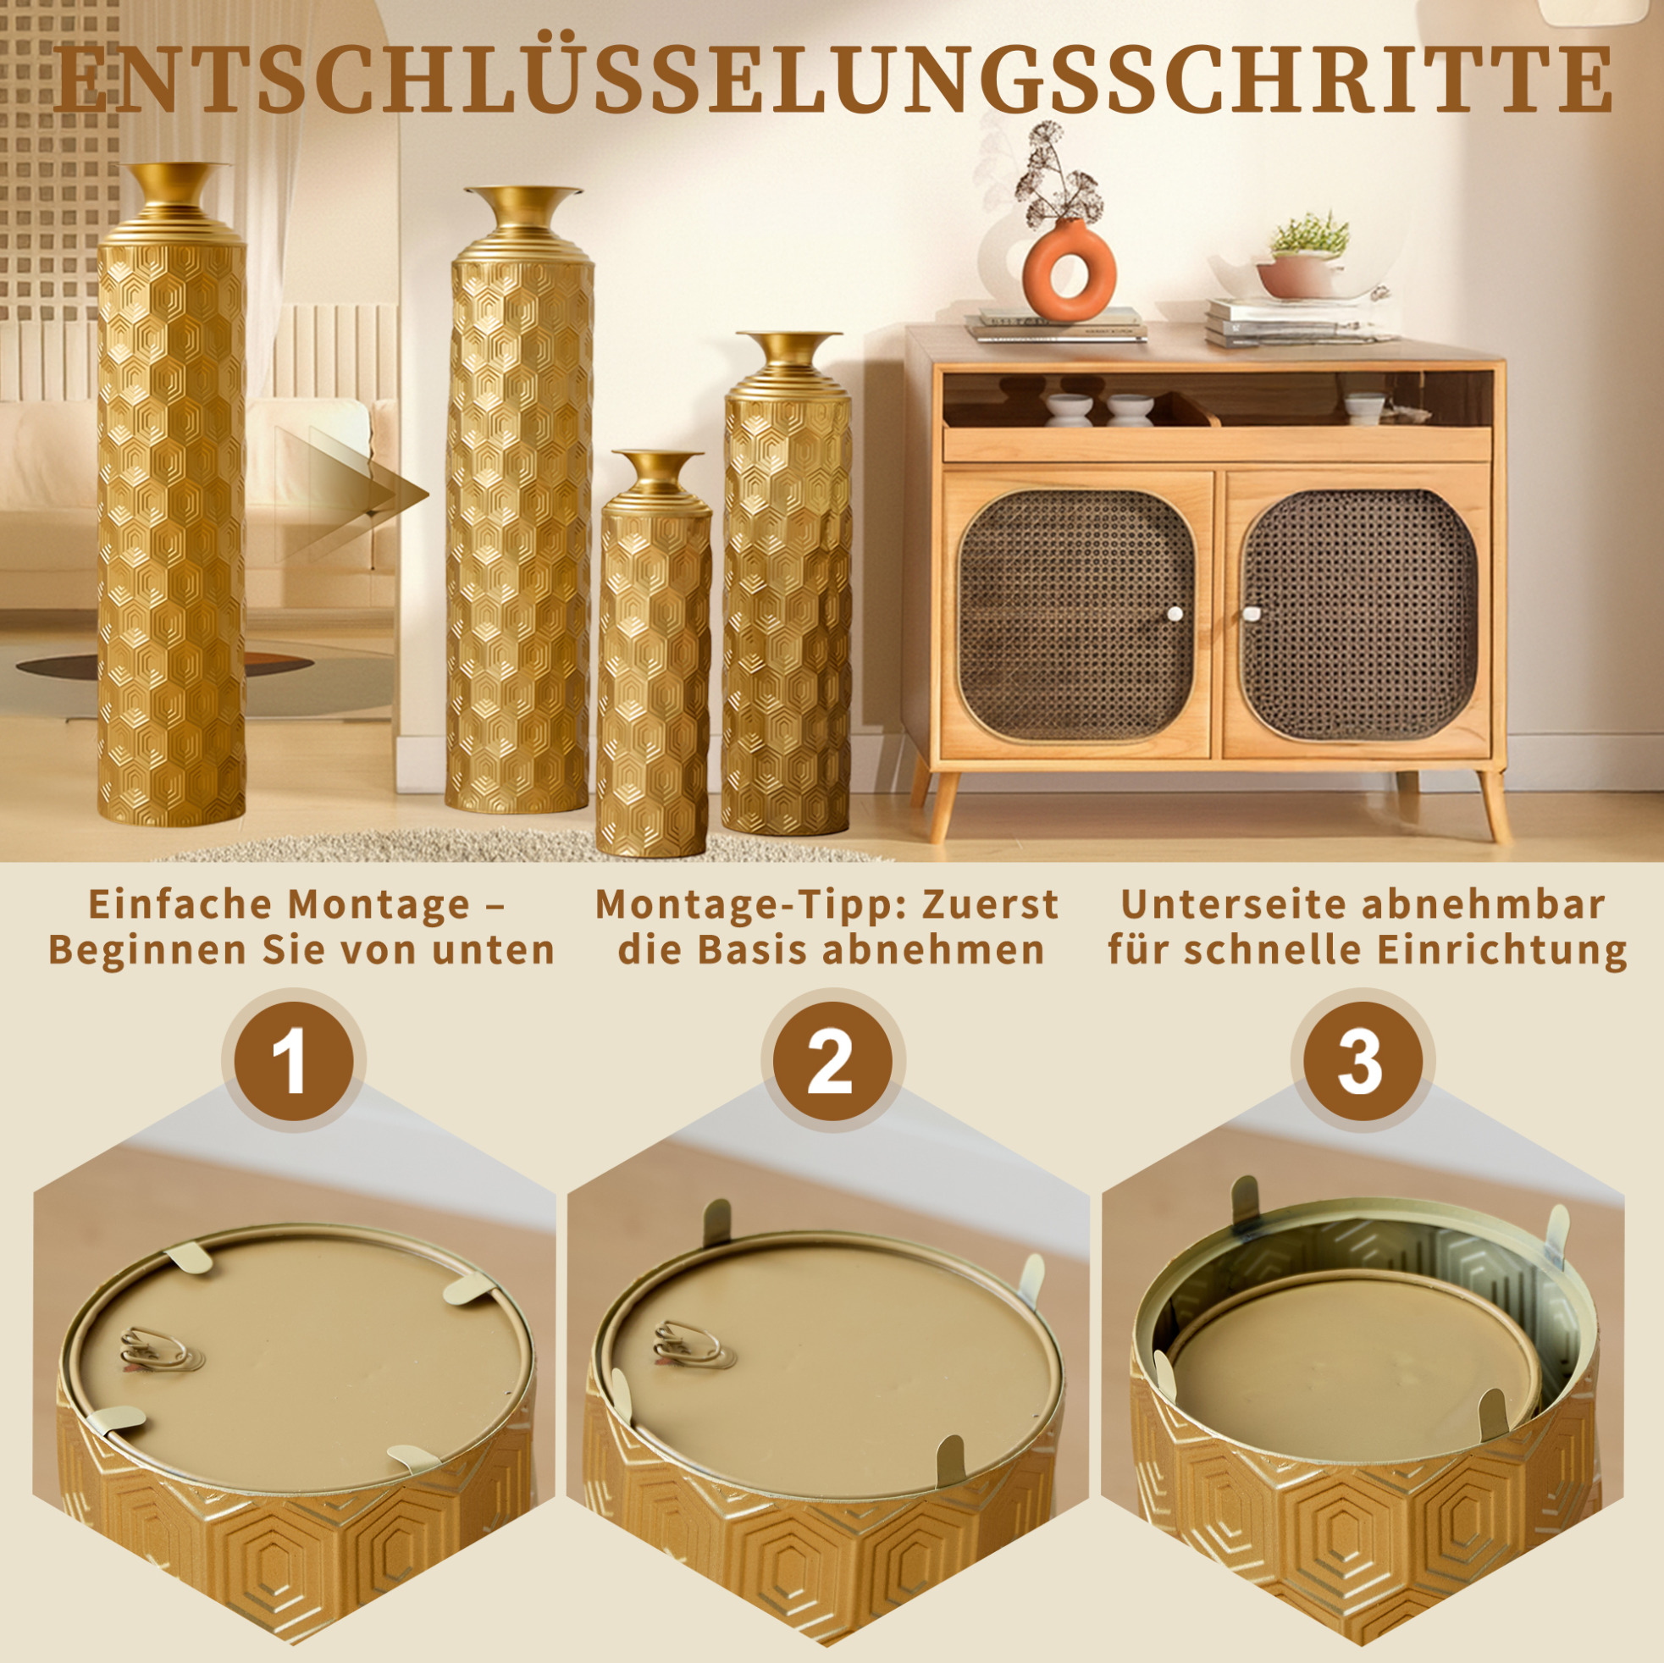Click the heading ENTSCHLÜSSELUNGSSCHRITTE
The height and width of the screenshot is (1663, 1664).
[832, 80]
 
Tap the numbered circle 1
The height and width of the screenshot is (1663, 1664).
[294, 1061]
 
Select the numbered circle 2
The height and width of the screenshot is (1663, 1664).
[830, 1061]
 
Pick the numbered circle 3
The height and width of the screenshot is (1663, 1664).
[1361, 1061]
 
